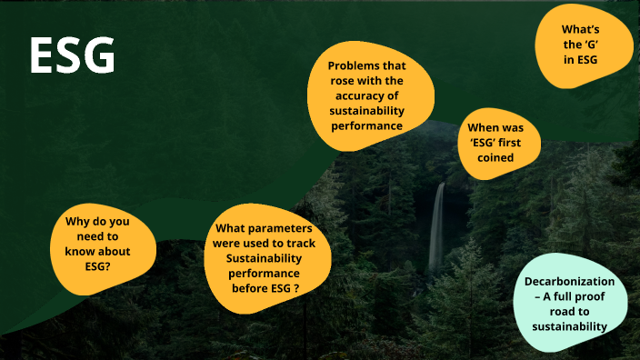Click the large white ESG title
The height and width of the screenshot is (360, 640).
point(72,56)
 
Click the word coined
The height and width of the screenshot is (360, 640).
point(500,157)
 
